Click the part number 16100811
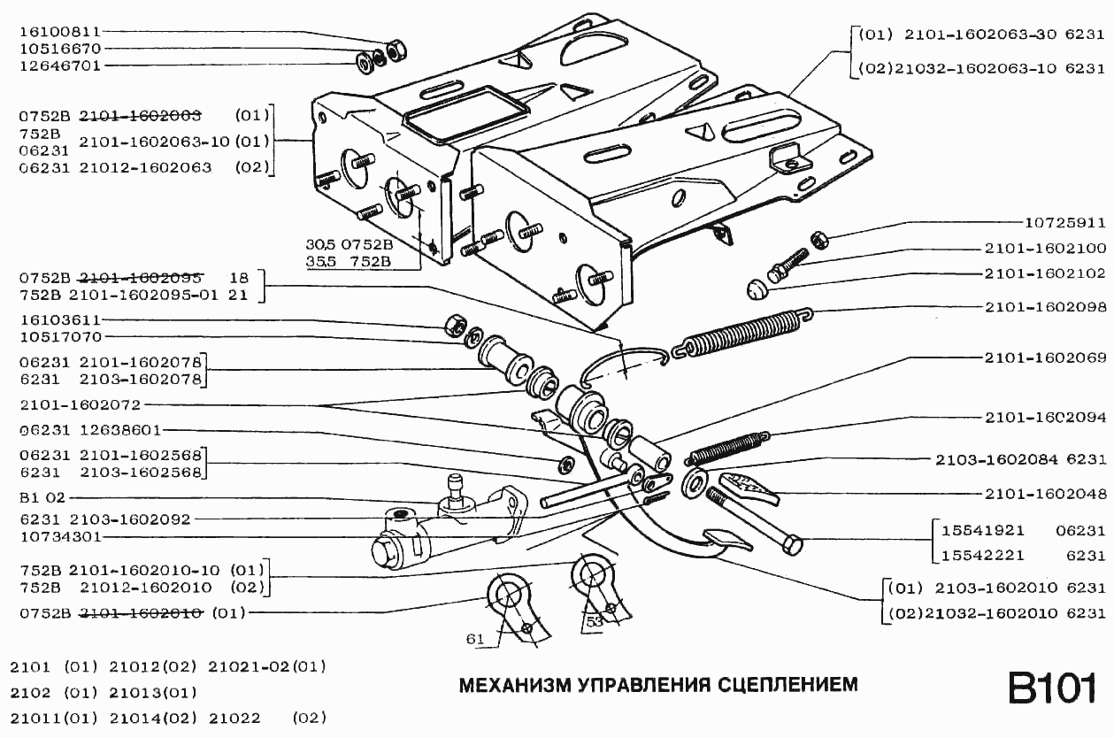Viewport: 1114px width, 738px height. [x=59, y=32]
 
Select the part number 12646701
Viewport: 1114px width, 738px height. [x=59, y=66]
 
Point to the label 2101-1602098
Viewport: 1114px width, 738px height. [x=1045, y=307]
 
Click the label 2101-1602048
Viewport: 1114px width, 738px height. [x=1045, y=494]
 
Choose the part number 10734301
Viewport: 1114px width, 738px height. [x=59, y=537]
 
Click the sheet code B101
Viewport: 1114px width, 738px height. [x=1052, y=688]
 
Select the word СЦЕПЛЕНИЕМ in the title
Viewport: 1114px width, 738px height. [x=787, y=685]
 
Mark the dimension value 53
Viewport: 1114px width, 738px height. [x=594, y=623]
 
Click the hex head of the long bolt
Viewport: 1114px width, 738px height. [x=792, y=544]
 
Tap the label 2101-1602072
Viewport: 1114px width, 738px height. [x=81, y=405]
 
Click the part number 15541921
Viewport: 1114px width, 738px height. [x=982, y=531]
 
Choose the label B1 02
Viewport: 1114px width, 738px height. [x=42, y=498]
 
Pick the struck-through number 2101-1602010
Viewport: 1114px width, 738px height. [x=142, y=612]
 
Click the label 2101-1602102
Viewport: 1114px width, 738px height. [x=1045, y=273]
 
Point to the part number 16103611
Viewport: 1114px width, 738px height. [x=59, y=319]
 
